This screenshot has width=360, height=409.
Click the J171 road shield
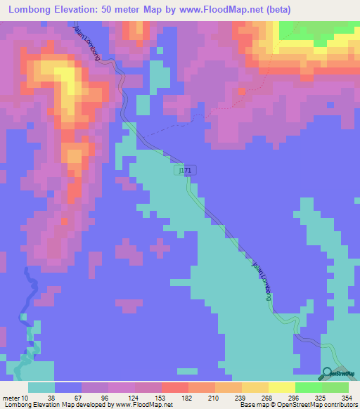pos(184,171)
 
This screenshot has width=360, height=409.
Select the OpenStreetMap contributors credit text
pos(320,405)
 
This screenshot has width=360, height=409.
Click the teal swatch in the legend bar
pos(41,387)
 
